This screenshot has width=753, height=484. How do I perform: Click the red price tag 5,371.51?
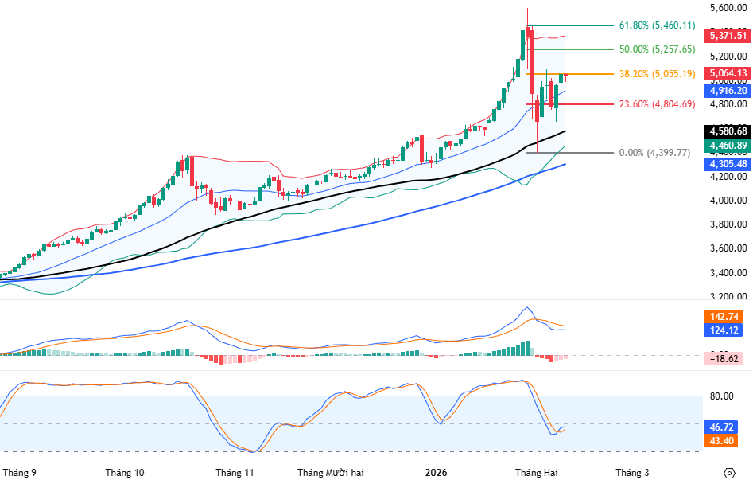click(x=728, y=36)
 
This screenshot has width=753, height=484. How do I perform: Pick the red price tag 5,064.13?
click(x=728, y=73)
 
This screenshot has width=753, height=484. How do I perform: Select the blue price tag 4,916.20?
click(x=728, y=91)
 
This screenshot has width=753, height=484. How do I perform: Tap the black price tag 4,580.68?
click(x=728, y=131)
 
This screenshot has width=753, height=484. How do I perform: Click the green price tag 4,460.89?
click(x=728, y=146)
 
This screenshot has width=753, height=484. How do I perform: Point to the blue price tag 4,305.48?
click(x=728, y=164)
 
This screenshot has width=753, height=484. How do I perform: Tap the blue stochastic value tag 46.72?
click(x=722, y=427)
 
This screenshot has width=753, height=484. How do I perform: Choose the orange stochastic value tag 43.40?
click(x=722, y=441)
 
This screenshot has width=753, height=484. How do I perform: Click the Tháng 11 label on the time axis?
click(x=235, y=473)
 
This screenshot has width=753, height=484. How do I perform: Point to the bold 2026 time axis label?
click(x=436, y=473)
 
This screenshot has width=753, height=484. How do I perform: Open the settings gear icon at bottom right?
click(x=729, y=473)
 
